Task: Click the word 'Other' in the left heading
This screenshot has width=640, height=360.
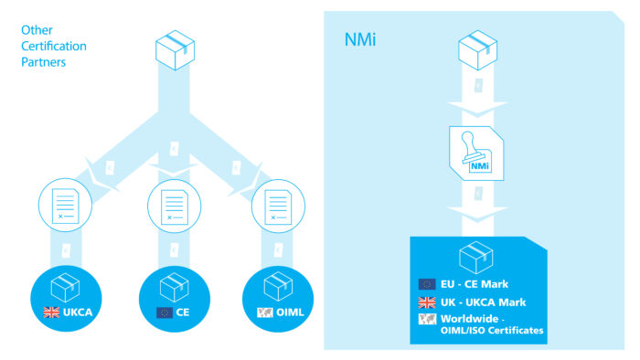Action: coord(36,30)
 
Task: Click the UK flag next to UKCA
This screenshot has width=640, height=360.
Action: coord(51,312)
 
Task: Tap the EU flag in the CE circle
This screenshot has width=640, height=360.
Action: coord(165,312)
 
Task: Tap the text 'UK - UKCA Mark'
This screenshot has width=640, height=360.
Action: coord(485,302)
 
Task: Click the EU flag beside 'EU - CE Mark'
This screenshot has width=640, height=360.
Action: coord(427,284)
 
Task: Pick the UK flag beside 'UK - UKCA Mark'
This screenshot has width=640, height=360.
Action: coord(427,302)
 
